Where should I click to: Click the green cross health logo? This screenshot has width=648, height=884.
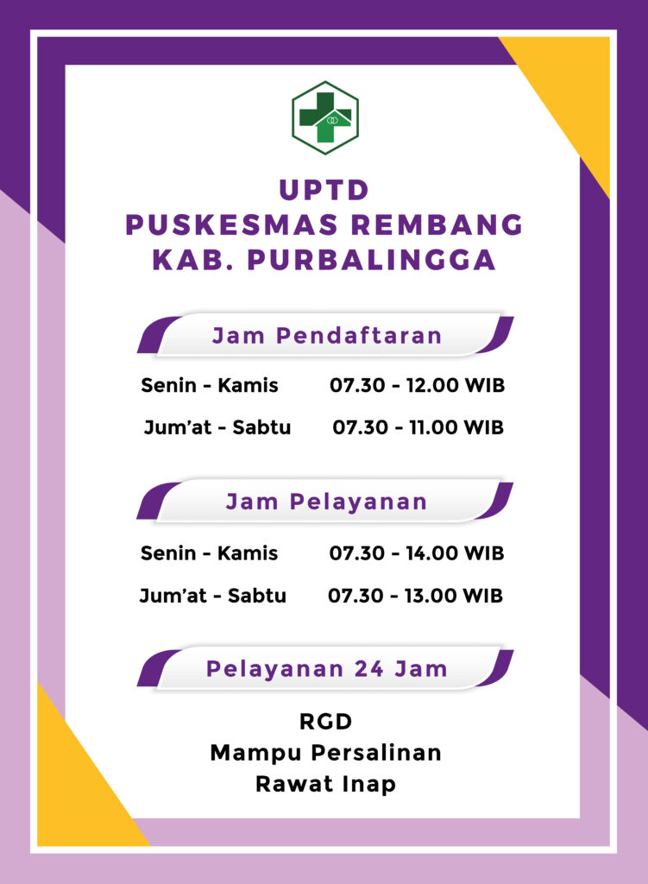(x=325, y=117)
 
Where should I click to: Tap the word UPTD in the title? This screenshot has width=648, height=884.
(x=324, y=190)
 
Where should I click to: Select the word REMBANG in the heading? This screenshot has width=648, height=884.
(x=437, y=224)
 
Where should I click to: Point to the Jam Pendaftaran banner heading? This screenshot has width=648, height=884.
(x=327, y=336)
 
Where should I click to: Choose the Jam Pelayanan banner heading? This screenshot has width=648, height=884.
(x=326, y=502)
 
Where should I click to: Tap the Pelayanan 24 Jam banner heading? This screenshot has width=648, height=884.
(x=327, y=669)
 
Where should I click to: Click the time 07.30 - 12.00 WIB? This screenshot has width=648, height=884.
(x=417, y=386)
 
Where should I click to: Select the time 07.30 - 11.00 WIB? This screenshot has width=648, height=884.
(x=418, y=427)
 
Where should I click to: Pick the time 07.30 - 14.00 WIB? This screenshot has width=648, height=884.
(x=417, y=553)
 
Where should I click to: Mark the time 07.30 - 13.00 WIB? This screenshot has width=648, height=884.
(x=415, y=596)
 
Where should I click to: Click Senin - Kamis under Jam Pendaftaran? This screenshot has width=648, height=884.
(x=210, y=386)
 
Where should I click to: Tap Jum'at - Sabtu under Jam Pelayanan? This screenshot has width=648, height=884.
(x=213, y=596)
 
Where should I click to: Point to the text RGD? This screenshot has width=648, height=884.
(x=325, y=722)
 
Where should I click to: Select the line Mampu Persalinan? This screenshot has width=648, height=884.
(x=325, y=753)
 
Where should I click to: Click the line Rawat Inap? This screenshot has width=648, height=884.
(x=325, y=784)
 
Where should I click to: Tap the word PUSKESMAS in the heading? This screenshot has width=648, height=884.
(x=231, y=224)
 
